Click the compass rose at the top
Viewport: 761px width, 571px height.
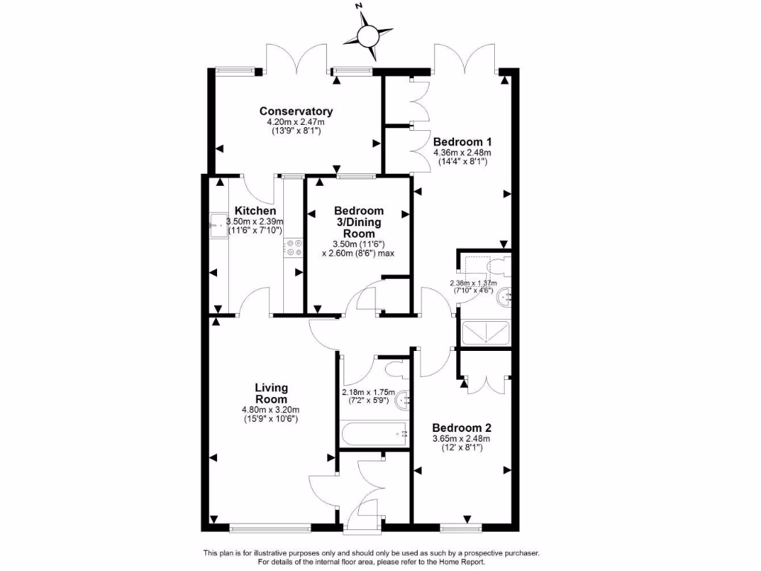click(x=369, y=34)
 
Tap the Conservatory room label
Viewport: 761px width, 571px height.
click(x=297, y=112)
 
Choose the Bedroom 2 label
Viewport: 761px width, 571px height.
click(x=462, y=428)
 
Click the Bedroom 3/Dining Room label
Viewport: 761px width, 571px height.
click(x=358, y=222)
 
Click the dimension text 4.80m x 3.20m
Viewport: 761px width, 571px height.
click(x=271, y=410)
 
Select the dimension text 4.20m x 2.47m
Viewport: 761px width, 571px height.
click(x=296, y=122)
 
